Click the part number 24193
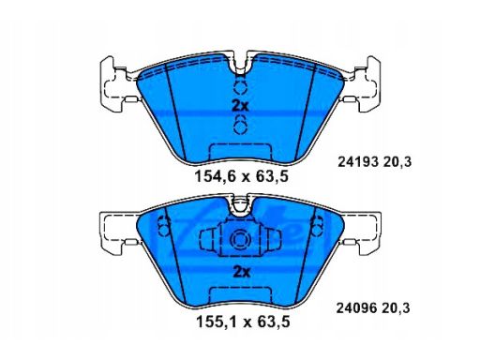pos(356,161)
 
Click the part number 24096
pos(356,306)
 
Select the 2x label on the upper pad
pos(241,106)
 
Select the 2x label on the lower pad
pos(241,272)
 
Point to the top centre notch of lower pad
pos(241,204)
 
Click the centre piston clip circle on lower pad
pos(241,240)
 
